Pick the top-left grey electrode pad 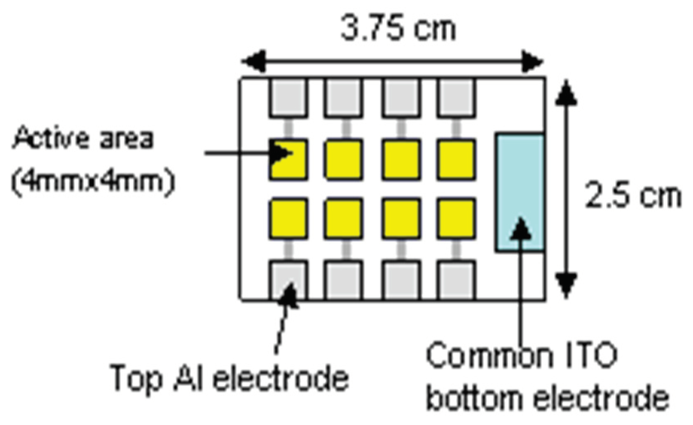click(x=288, y=98)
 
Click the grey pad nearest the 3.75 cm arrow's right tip click(x=457, y=98)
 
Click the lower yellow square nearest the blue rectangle click(x=457, y=218)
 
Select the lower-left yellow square click(x=288, y=218)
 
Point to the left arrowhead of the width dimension click(x=252, y=62)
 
